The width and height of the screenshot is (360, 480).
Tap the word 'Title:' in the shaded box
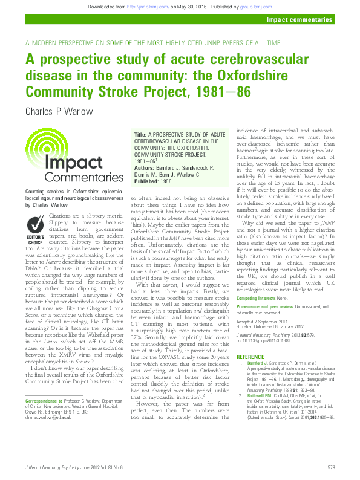[140, 134]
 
